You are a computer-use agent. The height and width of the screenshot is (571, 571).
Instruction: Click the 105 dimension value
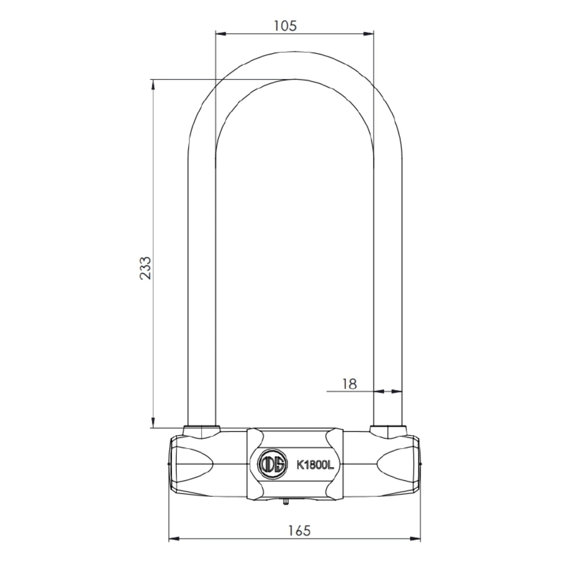tap(285, 26)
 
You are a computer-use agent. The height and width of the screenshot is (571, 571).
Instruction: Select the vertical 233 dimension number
tap(146, 268)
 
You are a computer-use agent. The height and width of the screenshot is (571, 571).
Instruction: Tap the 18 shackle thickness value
tap(349, 383)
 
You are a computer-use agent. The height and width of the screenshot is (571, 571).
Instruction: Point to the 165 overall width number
tap(299, 530)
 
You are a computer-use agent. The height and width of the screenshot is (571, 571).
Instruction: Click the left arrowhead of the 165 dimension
tap(174, 538)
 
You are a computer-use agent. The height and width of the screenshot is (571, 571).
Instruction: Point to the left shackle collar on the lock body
tap(201, 432)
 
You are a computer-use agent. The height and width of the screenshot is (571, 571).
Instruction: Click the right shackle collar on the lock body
tap(388, 432)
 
